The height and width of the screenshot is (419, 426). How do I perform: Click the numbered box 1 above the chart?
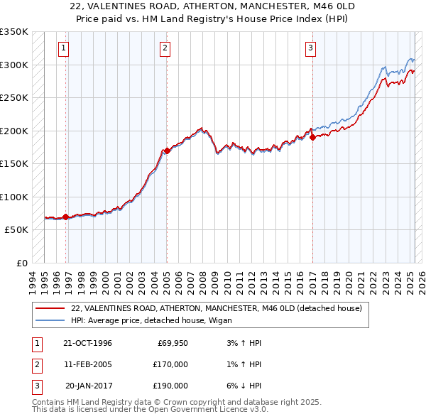click(64, 48)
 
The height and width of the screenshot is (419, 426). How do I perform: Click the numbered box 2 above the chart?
click(165, 48)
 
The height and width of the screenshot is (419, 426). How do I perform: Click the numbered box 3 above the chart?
click(311, 48)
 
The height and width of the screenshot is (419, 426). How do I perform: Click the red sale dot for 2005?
click(167, 151)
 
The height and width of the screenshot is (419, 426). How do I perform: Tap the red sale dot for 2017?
click(312, 137)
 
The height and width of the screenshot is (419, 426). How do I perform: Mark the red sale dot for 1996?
click(66, 217)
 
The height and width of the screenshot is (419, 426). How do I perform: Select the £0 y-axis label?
click(22, 263)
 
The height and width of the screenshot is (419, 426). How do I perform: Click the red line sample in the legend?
click(50, 309)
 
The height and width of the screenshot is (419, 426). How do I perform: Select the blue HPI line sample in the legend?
click(50, 320)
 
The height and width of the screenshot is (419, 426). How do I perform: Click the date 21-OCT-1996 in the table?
click(87, 344)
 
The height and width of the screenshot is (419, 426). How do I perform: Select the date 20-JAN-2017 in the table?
click(88, 386)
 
